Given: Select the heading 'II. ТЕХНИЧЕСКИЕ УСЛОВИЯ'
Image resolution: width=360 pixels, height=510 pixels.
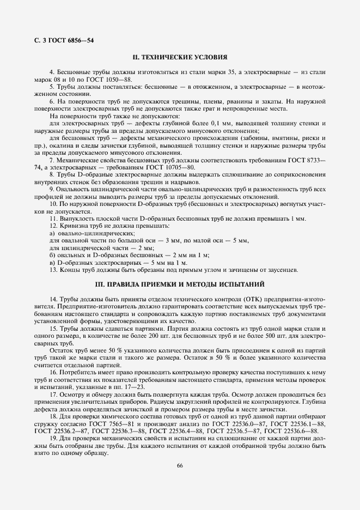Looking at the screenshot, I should pyautogui.click(x=180, y=57).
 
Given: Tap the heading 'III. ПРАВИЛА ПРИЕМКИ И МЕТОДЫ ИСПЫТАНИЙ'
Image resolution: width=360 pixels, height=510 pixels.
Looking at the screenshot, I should pyautogui.click(x=180, y=284).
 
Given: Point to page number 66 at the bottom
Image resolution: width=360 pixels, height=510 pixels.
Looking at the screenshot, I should pyautogui.click(x=180, y=464).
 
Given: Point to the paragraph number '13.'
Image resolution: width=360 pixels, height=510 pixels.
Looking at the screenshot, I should pyautogui.click(x=53, y=270).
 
